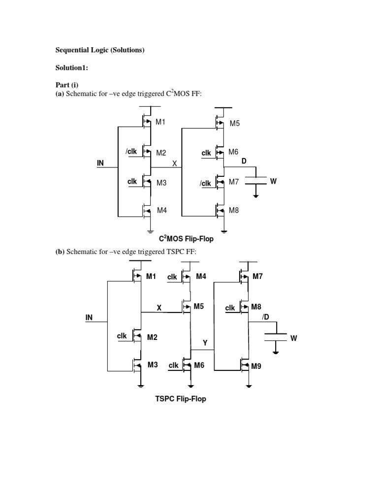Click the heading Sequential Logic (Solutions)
(x=99, y=50)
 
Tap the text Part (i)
(x=66, y=85)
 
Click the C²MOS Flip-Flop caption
(x=186, y=239)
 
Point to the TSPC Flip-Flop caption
(x=181, y=399)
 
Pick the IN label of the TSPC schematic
(x=89, y=318)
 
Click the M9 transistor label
(x=256, y=366)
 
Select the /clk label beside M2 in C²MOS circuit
(x=131, y=152)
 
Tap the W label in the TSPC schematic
(x=294, y=338)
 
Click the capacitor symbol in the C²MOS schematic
(x=255, y=181)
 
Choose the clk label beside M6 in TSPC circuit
(x=173, y=366)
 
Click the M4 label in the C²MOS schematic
(x=161, y=210)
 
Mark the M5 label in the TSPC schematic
(x=198, y=307)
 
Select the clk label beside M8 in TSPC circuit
(x=230, y=308)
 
